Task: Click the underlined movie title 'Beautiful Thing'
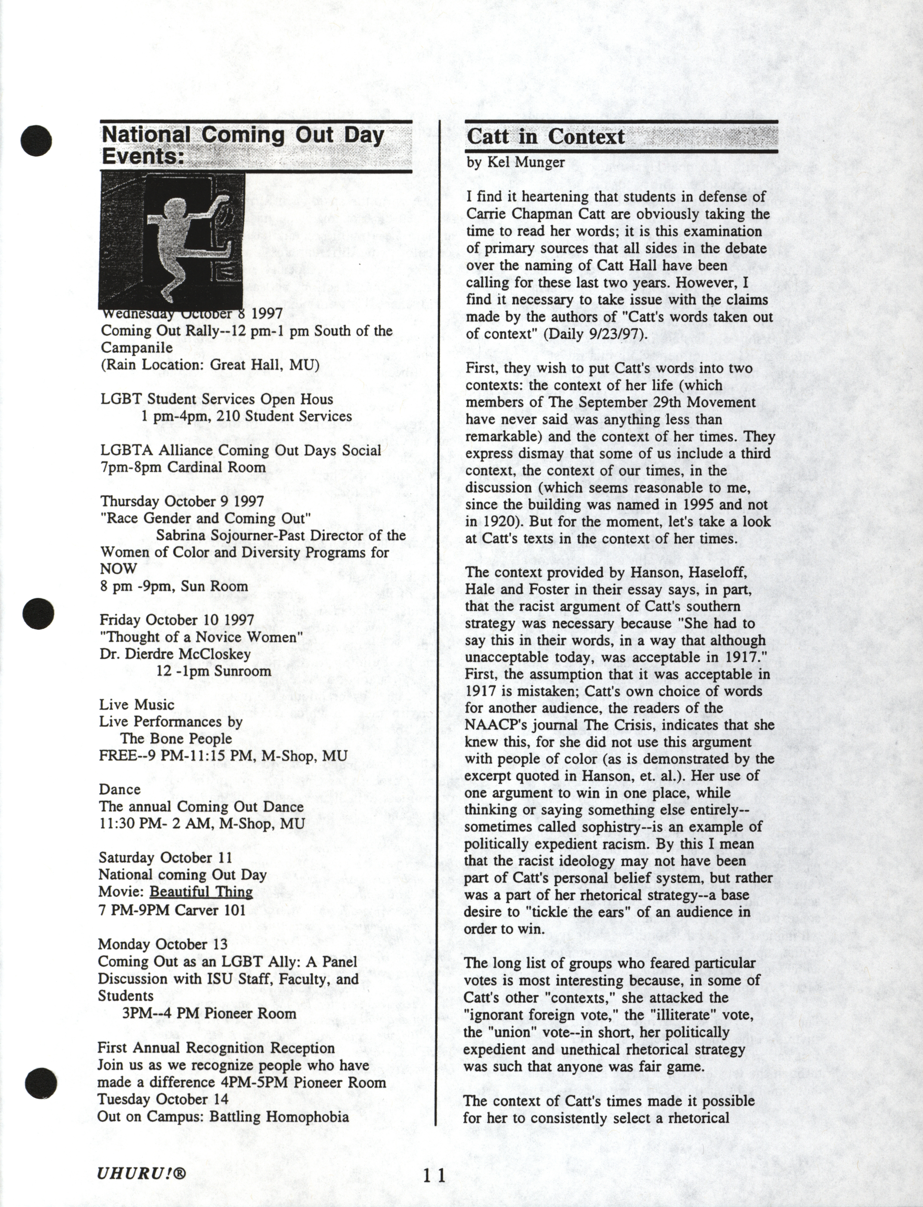[201, 892]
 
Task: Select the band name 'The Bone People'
[176, 739]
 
